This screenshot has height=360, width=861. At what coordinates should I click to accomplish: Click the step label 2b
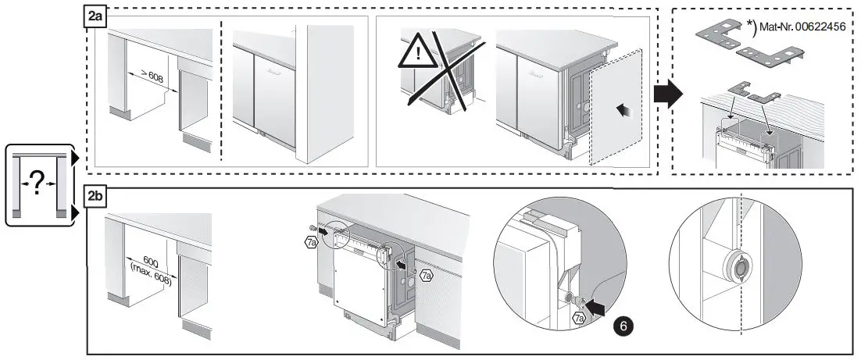(x=95, y=196)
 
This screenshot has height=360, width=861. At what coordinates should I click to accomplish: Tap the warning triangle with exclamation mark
(x=420, y=57)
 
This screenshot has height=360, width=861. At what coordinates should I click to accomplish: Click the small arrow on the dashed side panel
(x=623, y=112)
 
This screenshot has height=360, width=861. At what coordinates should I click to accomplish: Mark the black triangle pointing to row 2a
(x=75, y=159)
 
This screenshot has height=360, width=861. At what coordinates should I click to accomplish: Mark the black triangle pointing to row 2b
(x=75, y=211)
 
